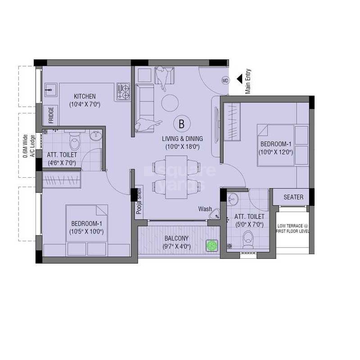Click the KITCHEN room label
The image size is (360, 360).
click(x=85, y=96)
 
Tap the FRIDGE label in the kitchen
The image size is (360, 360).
click(x=51, y=115)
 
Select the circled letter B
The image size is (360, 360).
click(x=182, y=123)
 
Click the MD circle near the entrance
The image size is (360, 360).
click(x=225, y=81)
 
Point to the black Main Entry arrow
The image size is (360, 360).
click(x=240, y=79)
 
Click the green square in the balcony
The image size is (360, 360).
click(x=211, y=246)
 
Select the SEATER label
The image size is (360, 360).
click(x=293, y=197)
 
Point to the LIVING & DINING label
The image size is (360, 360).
click(x=182, y=139)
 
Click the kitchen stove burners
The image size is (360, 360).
click(x=123, y=91)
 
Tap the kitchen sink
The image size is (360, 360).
click(x=50, y=89)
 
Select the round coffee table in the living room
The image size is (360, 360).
click(x=170, y=103)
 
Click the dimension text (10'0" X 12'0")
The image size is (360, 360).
click(x=275, y=152)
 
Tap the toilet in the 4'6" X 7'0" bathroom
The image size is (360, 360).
click(x=74, y=143)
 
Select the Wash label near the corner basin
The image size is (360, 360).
click(x=205, y=209)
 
